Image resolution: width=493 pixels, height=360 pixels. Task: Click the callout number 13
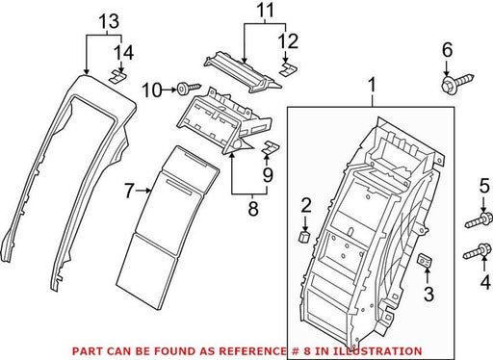[x=109, y=22]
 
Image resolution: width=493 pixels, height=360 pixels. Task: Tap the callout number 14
[x=124, y=53]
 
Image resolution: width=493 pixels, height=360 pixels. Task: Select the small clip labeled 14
[x=117, y=77]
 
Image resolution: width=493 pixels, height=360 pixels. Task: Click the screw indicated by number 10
[x=189, y=88]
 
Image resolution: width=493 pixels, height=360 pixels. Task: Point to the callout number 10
[x=151, y=90]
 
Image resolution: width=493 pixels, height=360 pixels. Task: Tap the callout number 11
[x=266, y=10]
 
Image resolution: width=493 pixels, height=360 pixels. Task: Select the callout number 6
[x=447, y=50]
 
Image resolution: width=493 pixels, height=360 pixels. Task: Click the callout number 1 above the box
[x=372, y=86]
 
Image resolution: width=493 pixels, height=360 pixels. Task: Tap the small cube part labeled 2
[x=304, y=237]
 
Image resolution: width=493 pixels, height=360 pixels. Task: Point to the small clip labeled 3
[x=425, y=260]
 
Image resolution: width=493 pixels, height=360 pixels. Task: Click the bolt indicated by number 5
[x=479, y=220]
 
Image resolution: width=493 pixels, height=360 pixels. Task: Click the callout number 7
[x=129, y=191]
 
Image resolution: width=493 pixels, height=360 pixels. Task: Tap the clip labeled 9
[x=272, y=147]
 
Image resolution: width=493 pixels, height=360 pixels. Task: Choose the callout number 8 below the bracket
[x=253, y=209]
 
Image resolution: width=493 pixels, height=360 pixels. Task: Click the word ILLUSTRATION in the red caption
[x=377, y=351]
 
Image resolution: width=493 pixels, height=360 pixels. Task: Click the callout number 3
[x=428, y=295]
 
